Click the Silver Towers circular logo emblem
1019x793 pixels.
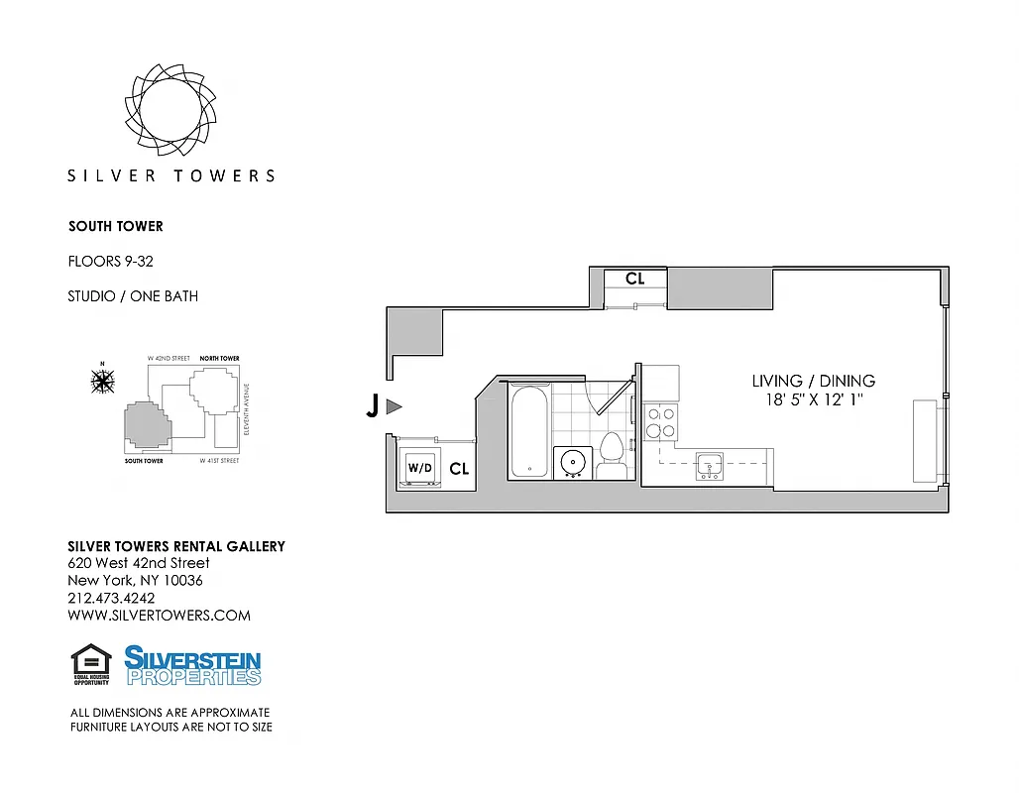(x=170, y=106)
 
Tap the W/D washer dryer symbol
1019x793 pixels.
(x=419, y=467)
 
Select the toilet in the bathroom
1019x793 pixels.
(x=611, y=454)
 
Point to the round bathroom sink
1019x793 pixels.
(x=573, y=461)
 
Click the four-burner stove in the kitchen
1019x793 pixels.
(x=660, y=422)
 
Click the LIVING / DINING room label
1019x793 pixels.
(x=813, y=381)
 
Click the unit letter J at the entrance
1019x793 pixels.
(x=373, y=406)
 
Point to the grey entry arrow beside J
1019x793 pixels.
(x=394, y=406)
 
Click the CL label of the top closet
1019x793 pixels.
(x=634, y=280)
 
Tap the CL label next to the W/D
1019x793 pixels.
(x=458, y=469)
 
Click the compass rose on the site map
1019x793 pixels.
(x=102, y=380)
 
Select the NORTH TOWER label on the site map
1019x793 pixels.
(x=219, y=358)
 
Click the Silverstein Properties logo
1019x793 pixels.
(x=193, y=664)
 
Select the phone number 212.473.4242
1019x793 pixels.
(x=111, y=598)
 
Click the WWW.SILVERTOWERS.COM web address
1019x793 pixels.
(x=159, y=616)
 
